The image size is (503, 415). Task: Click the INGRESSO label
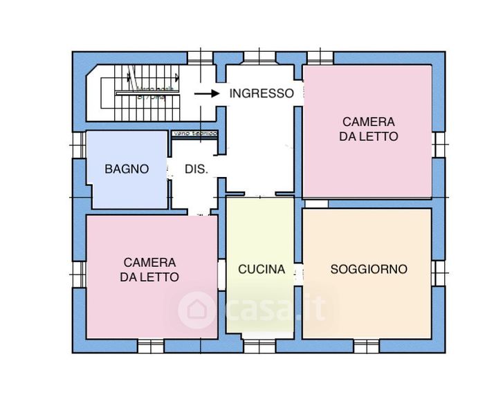(x=262, y=93)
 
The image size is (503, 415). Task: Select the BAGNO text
(x=127, y=169)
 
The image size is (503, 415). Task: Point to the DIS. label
(x=196, y=169)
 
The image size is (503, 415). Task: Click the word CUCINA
(x=262, y=270)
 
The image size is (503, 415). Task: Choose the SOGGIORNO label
(x=369, y=269)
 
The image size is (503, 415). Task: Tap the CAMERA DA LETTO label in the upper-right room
(x=369, y=129)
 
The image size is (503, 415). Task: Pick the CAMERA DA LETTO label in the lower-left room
(x=149, y=270)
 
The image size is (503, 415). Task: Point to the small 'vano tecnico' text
(x=196, y=133)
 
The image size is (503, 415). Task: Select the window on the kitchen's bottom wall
(x=261, y=344)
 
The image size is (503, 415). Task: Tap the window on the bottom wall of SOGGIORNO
(x=366, y=344)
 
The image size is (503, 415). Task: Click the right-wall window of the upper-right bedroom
(x=438, y=144)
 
